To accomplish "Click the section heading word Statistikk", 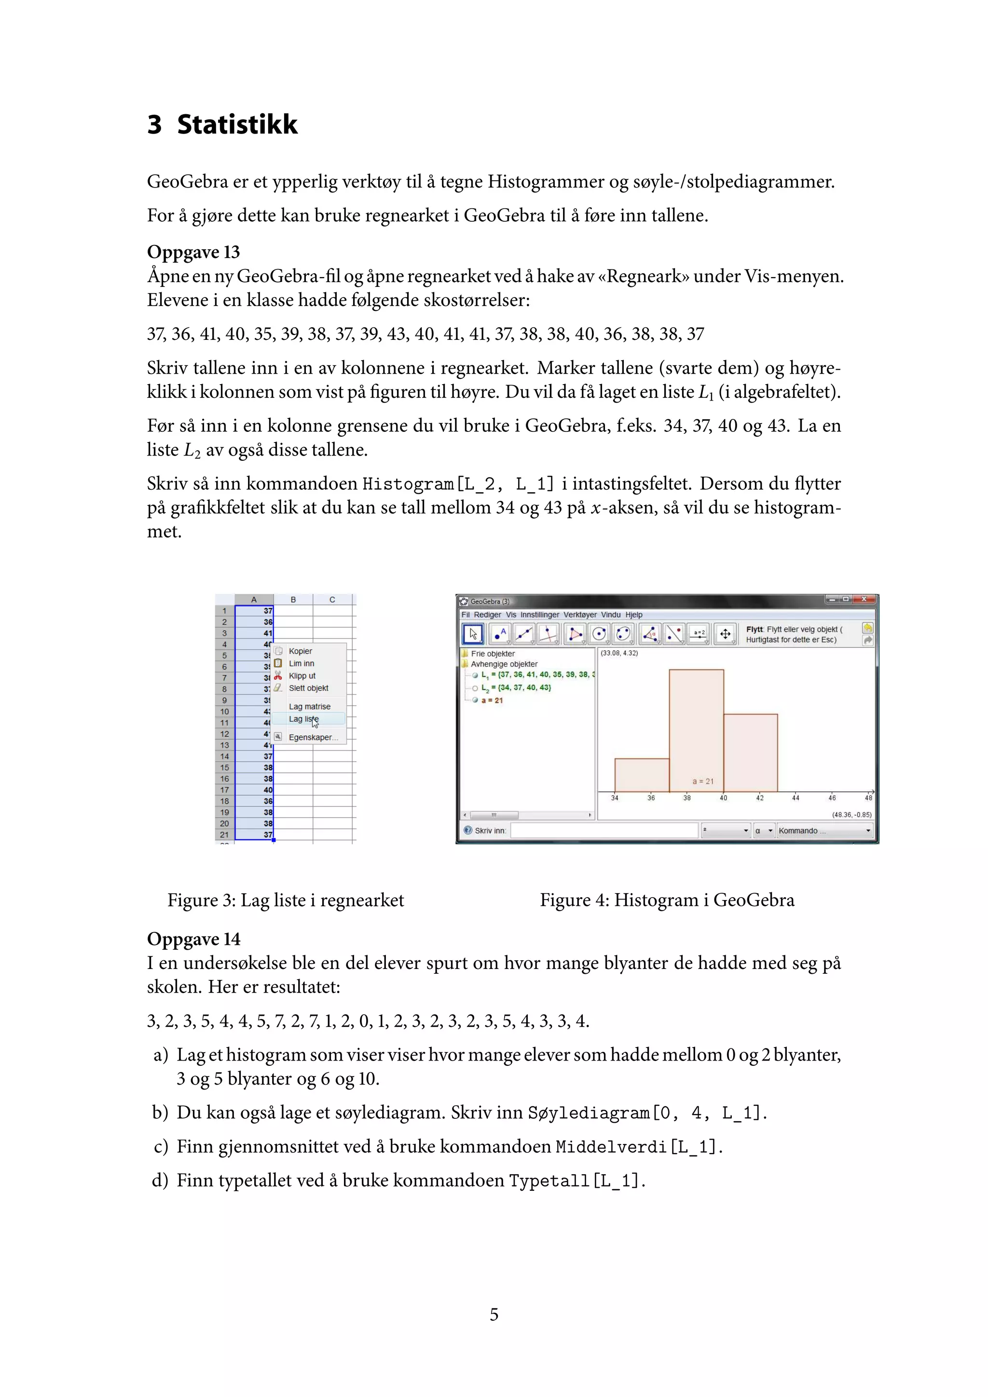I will [237, 125].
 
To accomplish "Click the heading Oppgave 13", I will [193, 252].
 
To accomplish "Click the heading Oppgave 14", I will [193, 939].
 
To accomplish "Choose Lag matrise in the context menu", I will [309, 706].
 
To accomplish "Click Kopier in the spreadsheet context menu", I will [300, 651].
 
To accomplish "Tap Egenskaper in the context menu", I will [312, 738].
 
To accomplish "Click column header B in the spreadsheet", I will [293, 600].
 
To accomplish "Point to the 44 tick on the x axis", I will [796, 798].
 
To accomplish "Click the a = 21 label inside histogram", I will [702, 781].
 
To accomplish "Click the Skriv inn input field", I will [604, 831].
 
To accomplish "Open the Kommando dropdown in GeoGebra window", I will [824, 831].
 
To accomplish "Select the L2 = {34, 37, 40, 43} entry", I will [516, 687].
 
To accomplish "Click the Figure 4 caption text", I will [667, 900].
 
